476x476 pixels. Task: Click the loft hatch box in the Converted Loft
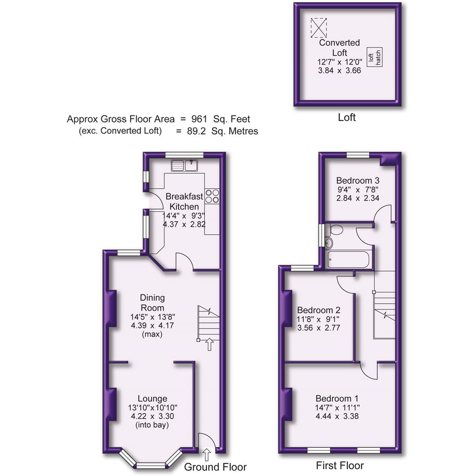click(x=375, y=57)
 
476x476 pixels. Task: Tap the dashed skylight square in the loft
click(x=319, y=27)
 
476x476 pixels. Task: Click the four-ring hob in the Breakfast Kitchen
click(x=212, y=196)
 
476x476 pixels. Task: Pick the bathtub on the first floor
click(x=349, y=260)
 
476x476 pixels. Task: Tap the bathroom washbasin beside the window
click(x=328, y=243)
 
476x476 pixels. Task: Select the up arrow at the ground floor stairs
click(x=209, y=344)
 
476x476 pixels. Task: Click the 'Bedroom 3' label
click(x=357, y=180)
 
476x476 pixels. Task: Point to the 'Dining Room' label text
click(x=152, y=303)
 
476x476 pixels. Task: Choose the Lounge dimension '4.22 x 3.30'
click(x=152, y=416)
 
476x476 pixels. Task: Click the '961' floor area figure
click(x=199, y=119)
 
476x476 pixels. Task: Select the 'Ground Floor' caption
click(x=215, y=467)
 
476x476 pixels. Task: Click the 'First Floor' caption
click(x=340, y=465)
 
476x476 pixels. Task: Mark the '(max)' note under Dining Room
click(x=152, y=335)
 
